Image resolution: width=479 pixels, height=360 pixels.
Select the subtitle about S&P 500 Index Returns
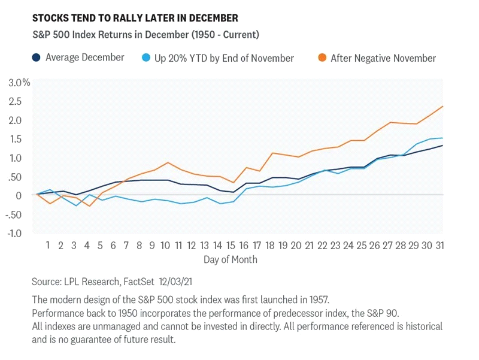(x=145, y=35)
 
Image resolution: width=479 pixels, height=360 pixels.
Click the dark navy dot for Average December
(x=37, y=58)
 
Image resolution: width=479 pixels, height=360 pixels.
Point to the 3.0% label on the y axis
(x=19, y=83)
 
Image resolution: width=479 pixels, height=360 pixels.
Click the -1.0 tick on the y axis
(x=19, y=233)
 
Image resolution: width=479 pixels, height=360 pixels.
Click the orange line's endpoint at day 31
(x=442, y=107)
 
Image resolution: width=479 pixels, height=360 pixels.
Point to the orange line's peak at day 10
(x=168, y=162)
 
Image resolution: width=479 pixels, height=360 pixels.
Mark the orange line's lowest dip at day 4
(x=89, y=206)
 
